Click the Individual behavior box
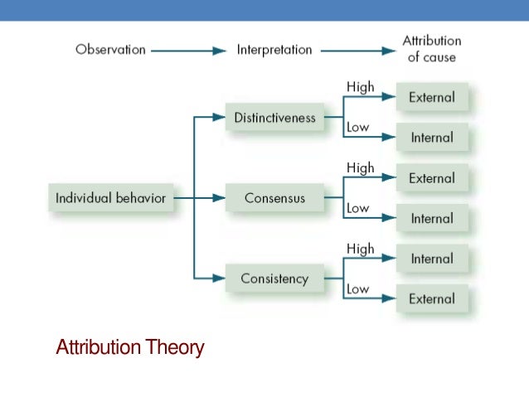point(110,199)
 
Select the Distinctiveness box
point(274,118)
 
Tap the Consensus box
point(274,199)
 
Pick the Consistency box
point(274,279)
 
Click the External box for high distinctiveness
point(432,98)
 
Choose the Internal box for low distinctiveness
point(432,138)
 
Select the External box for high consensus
point(432,178)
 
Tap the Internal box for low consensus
point(432,219)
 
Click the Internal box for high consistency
point(432,259)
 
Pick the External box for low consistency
point(432,299)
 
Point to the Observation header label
point(110,50)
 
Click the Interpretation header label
point(274,50)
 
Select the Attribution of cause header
point(431,49)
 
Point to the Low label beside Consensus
point(358,209)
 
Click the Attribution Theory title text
point(129,347)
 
